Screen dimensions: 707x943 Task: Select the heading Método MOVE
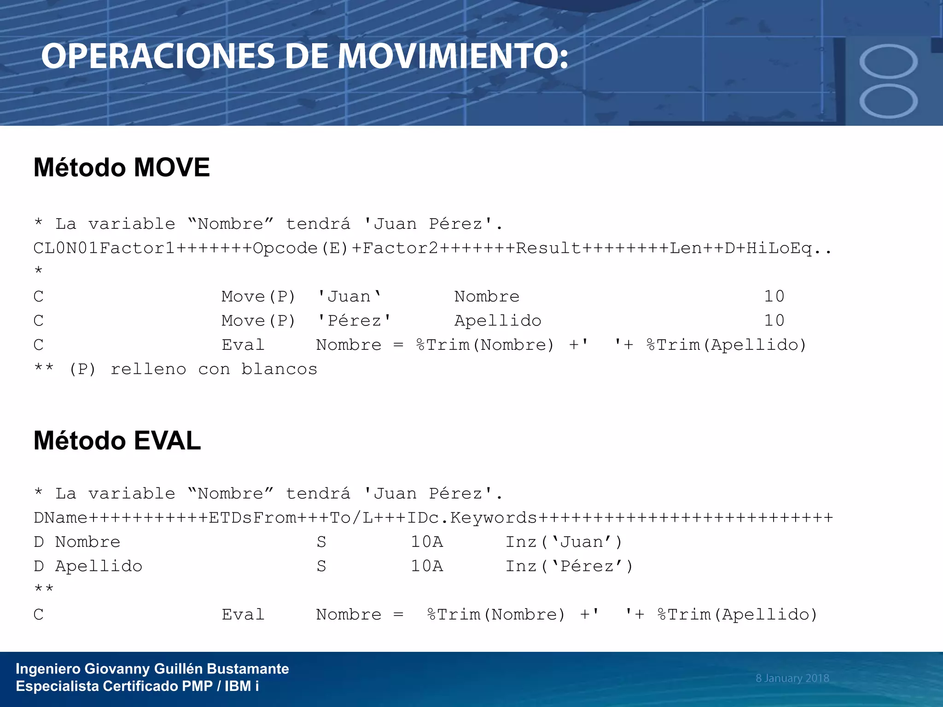point(122,167)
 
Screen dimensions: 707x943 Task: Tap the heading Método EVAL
point(117,440)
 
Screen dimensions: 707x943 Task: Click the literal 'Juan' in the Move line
point(349,296)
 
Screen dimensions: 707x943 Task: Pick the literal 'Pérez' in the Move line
point(355,321)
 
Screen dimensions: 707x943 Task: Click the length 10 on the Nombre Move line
point(774,296)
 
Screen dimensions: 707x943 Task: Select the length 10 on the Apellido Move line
point(774,321)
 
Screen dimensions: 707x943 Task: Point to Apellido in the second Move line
point(498,321)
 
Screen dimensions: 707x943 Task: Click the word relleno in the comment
point(148,369)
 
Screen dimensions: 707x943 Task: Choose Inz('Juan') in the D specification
point(564,542)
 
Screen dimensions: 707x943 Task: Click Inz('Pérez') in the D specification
point(569,566)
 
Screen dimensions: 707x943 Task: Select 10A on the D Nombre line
point(427,542)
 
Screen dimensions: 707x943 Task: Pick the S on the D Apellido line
point(321,566)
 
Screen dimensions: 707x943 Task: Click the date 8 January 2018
point(792,678)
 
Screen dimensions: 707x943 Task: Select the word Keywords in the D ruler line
point(494,518)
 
